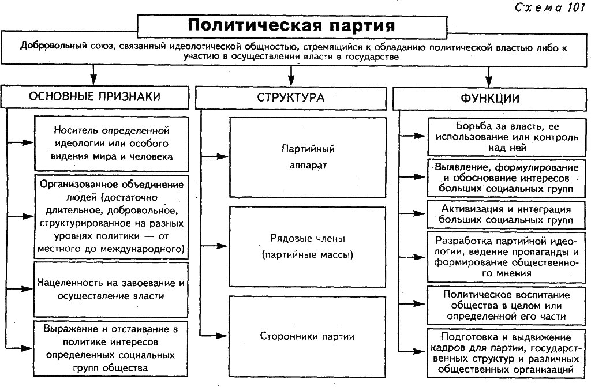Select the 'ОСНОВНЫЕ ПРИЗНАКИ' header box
(x=95, y=97)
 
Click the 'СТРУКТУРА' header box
(x=291, y=97)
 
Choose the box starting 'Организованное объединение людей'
(x=111, y=217)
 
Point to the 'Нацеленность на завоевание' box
(x=111, y=290)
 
